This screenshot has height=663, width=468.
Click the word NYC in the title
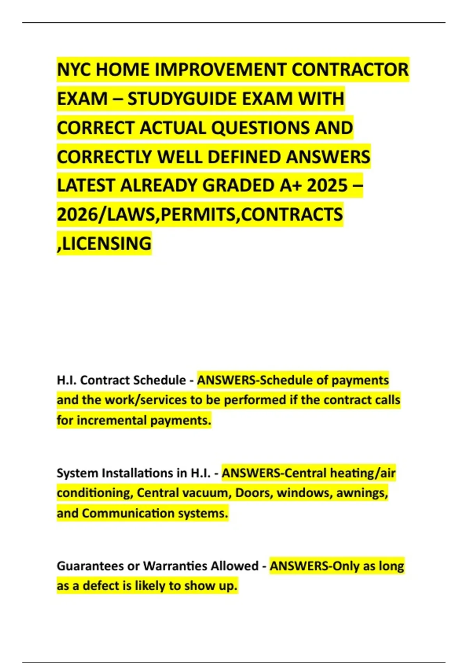(x=74, y=70)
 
